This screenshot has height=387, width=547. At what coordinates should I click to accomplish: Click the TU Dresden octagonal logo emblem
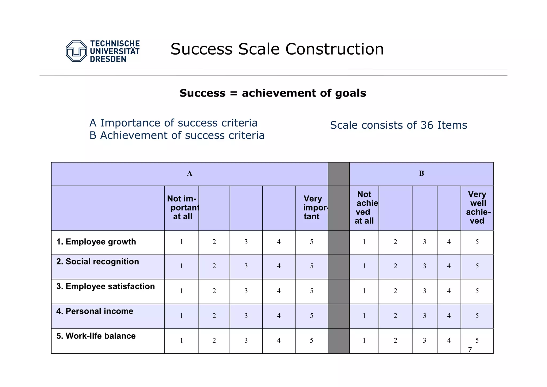click(76, 51)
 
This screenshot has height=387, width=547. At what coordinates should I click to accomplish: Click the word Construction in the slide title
click(334, 49)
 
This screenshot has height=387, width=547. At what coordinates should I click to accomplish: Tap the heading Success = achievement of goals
click(273, 93)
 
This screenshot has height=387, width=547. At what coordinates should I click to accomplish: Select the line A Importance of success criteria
click(173, 123)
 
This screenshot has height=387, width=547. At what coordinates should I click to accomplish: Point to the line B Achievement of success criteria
click(177, 135)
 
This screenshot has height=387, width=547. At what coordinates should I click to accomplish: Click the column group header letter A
click(189, 174)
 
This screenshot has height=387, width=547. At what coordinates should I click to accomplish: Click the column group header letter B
click(421, 174)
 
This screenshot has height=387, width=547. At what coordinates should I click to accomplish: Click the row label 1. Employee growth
click(96, 242)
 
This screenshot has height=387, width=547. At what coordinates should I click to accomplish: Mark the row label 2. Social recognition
click(97, 262)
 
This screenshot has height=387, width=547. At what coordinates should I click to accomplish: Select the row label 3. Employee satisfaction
click(106, 286)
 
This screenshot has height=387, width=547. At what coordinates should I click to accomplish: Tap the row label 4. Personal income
click(95, 311)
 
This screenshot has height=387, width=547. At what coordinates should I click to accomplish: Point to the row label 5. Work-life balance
click(96, 336)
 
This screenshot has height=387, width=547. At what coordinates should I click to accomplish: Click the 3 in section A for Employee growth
click(246, 242)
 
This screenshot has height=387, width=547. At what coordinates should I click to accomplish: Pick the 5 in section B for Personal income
click(477, 316)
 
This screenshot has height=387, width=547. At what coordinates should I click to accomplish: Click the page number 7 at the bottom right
click(470, 350)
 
